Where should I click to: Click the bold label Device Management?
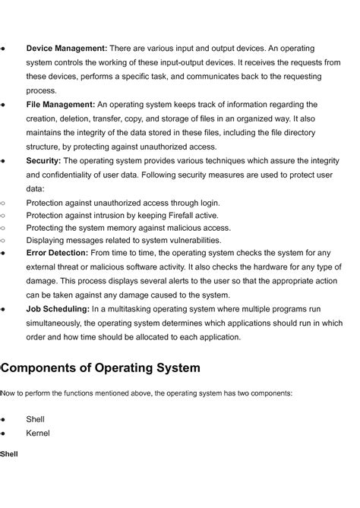pos(66,49)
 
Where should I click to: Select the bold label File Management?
pos(60,105)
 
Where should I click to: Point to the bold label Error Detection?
pos(57,253)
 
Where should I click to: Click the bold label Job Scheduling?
pos(58,309)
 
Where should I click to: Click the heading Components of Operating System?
pos(101,368)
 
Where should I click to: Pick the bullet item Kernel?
pos(38,434)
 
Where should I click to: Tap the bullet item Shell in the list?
pos(35,419)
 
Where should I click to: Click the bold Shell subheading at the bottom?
pos(9,454)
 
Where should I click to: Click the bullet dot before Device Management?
pos(4,49)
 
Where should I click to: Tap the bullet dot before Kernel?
pos(4,434)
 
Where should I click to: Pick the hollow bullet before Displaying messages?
pos(4,240)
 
